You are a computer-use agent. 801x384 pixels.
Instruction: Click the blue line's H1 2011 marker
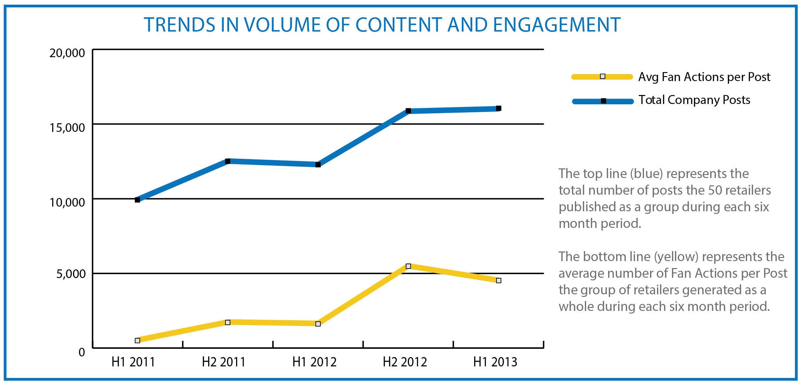(137, 200)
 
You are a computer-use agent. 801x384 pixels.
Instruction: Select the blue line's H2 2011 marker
(228, 161)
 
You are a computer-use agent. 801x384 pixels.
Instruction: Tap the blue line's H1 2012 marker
(318, 165)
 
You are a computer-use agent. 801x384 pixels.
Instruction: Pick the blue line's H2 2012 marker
(408, 111)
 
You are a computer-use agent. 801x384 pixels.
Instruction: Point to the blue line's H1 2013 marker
(499, 108)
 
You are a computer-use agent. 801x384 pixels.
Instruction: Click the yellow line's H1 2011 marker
(137, 340)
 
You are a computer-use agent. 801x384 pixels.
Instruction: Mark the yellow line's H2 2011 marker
(228, 323)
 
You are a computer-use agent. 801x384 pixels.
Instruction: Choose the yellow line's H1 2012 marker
(318, 324)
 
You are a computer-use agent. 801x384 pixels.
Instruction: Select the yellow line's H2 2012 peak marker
(408, 266)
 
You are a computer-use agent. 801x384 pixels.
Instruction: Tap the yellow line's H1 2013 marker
(499, 281)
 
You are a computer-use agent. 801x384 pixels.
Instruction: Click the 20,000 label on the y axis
(67, 53)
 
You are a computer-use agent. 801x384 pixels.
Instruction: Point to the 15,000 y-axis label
(67, 128)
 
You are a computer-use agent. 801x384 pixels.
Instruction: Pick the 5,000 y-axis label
(71, 274)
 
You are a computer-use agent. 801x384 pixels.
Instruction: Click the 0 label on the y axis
(82, 352)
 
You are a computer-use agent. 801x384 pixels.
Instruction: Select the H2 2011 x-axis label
(223, 362)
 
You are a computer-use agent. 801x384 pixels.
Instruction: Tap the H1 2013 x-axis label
(495, 362)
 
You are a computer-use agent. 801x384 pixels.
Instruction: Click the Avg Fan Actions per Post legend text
(704, 77)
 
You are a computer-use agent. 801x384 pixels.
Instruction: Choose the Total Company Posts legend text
(694, 100)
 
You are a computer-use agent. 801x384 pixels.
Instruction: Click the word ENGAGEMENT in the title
(557, 25)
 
